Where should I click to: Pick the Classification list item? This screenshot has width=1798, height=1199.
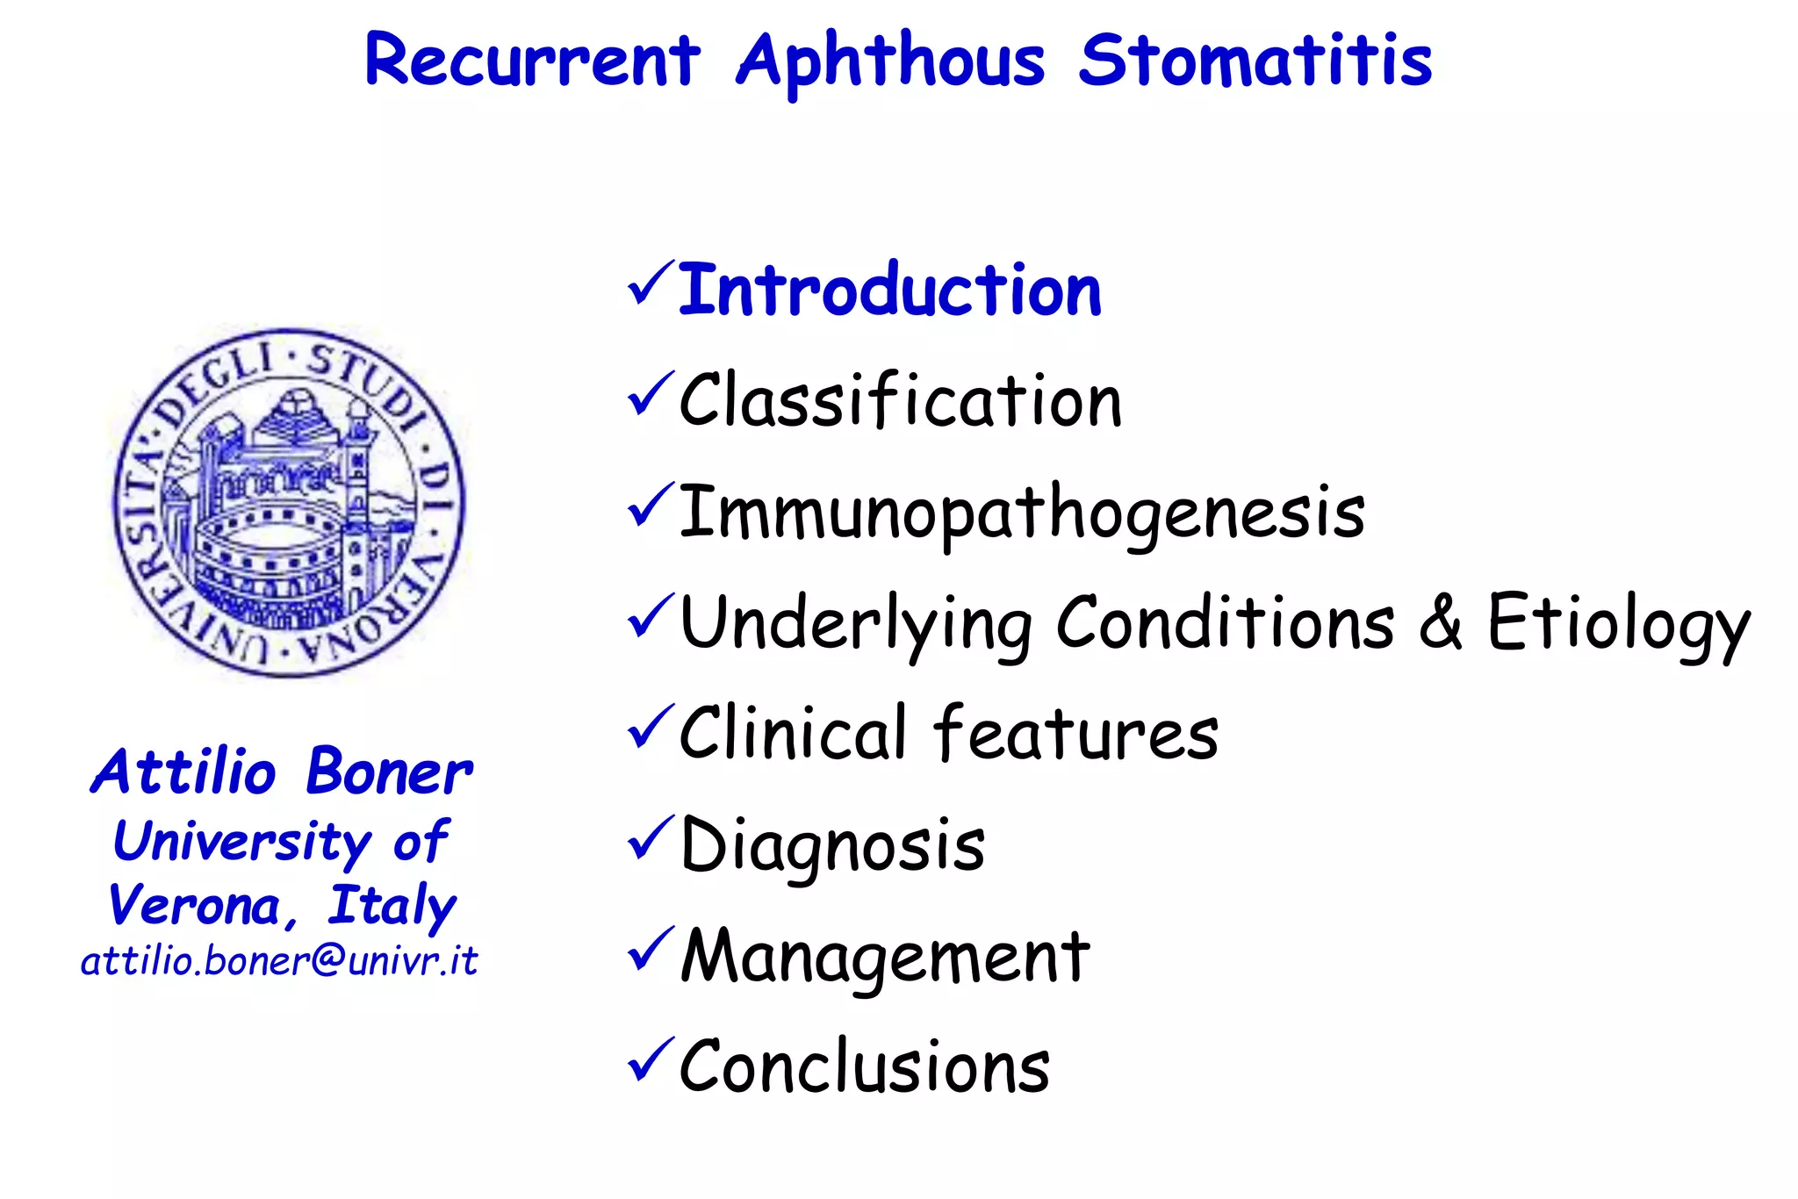900,401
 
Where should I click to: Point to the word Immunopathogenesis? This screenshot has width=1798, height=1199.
1022,513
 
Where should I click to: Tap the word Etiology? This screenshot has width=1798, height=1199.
1618,625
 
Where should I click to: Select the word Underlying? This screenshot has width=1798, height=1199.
856,625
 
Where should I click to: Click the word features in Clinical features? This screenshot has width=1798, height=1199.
1076,734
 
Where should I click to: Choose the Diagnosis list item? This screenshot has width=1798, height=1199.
832,845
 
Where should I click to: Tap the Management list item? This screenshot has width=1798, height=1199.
885,957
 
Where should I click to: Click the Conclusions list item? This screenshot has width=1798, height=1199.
865,1067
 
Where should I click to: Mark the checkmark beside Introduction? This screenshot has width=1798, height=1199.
651,284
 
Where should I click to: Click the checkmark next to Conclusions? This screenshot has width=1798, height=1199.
651,1060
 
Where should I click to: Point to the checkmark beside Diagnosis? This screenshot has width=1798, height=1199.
651,838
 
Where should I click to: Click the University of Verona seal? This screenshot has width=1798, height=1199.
289,502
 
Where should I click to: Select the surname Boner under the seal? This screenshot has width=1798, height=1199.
389,772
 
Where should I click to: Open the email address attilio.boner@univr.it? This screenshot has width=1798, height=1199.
279,961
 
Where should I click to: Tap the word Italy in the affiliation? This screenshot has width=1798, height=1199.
392,906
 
